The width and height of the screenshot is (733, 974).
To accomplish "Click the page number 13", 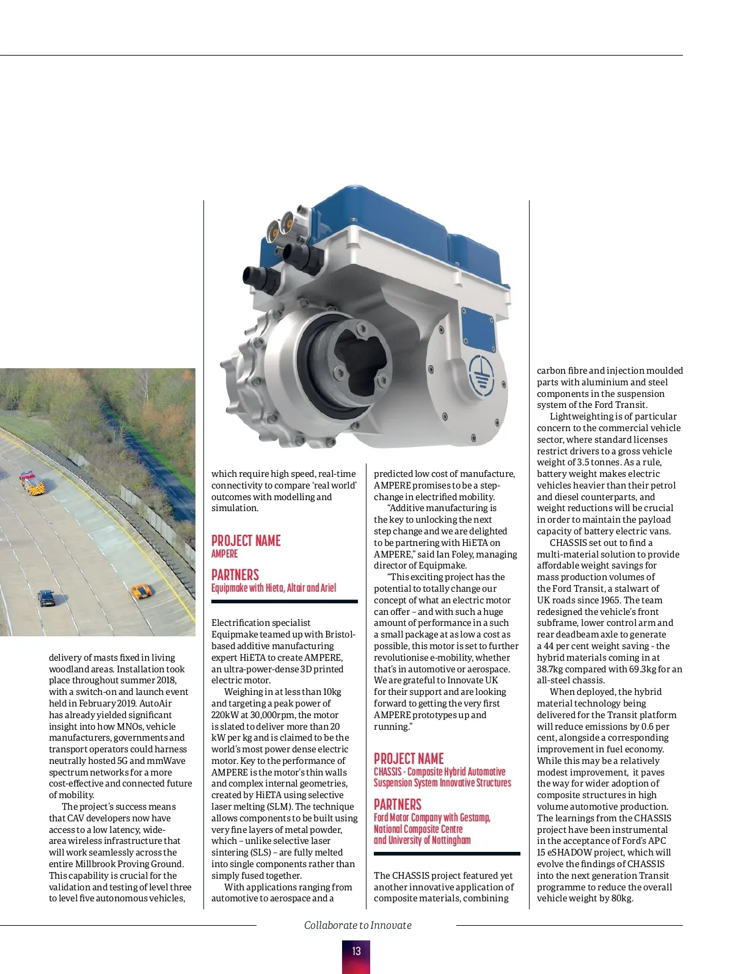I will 356,951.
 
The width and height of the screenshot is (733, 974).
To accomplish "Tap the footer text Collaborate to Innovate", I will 357,925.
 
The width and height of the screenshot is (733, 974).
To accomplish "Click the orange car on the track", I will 141,591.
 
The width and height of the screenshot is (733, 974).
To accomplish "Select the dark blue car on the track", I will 46,597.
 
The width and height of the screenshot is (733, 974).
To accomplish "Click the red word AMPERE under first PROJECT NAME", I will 225,553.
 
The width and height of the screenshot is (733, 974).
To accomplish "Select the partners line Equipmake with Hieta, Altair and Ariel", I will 274,588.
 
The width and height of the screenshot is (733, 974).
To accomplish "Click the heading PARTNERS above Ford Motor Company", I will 398,804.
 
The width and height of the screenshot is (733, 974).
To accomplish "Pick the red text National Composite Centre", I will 418,829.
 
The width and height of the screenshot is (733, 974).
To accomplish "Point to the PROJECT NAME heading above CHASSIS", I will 409,758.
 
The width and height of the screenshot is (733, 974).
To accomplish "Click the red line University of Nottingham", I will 422,840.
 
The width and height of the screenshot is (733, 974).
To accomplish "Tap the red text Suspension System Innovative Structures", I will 442,783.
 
